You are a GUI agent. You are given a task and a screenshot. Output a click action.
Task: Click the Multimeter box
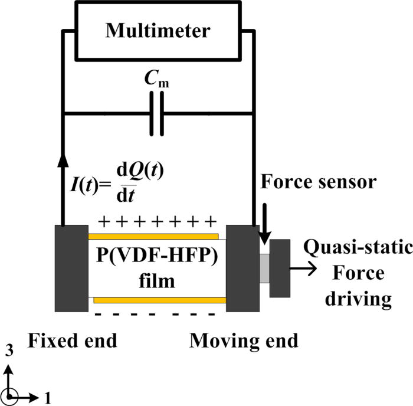click(157, 30)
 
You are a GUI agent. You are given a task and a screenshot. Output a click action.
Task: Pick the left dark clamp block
click(71, 268)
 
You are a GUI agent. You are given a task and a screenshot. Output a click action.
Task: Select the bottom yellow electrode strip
click(159, 300)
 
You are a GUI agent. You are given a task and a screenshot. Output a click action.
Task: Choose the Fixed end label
click(73, 340)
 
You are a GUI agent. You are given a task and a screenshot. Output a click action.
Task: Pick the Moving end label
click(244, 340)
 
